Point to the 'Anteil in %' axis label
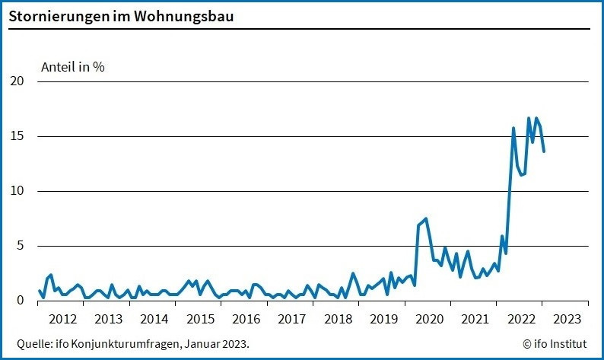(x=72, y=66)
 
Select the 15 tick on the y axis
(x=17, y=136)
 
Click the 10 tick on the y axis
(x=17, y=191)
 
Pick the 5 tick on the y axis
(x=21, y=246)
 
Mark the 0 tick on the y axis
(x=21, y=301)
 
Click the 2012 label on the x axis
(x=62, y=318)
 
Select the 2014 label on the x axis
(x=154, y=318)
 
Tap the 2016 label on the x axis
(x=246, y=318)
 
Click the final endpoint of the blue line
(x=544, y=151)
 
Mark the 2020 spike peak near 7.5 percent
(x=426, y=218)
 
